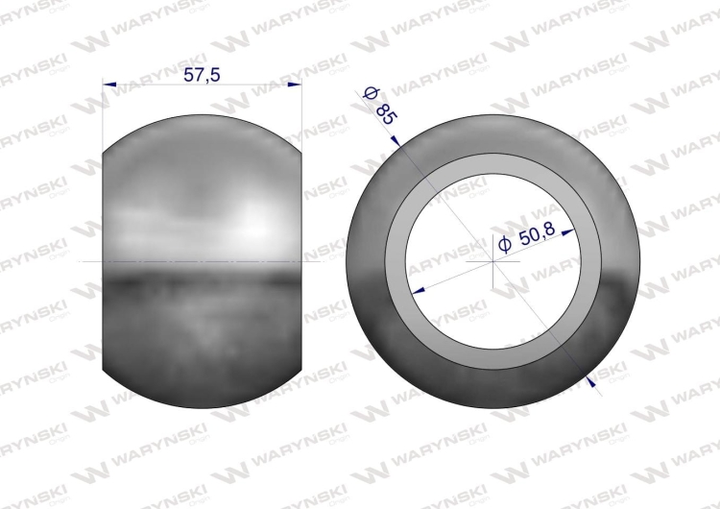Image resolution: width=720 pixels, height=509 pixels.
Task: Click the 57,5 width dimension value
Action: [202, 74]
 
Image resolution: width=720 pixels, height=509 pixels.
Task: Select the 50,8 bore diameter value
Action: [538, 234]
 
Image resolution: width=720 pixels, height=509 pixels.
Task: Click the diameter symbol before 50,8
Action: [504, 244]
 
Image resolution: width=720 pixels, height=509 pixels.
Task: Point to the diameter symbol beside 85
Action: [370, 93]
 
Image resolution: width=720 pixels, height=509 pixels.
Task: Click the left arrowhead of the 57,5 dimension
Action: [109, 85]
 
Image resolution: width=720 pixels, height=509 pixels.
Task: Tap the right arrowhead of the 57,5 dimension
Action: [295, 85]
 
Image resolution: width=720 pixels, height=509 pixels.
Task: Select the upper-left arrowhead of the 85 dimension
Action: [396, 140]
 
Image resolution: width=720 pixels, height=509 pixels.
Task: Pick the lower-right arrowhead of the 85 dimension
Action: [591, 381]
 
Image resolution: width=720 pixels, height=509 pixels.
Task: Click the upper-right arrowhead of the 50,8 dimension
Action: [568, 232]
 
